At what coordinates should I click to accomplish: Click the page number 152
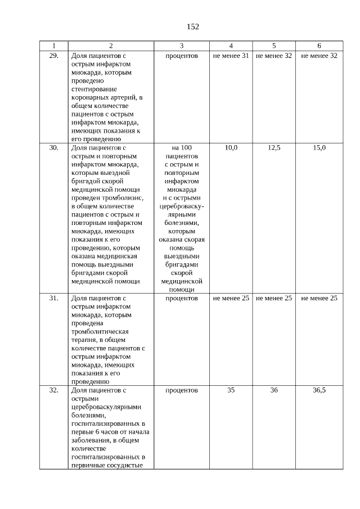192,26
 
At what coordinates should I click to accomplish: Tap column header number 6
319,46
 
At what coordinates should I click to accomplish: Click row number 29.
54,56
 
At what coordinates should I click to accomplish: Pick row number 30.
54,147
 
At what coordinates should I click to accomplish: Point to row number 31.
54,298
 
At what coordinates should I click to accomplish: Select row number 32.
54,389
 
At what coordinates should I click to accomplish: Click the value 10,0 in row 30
231,147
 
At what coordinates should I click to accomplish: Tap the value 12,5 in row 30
274,147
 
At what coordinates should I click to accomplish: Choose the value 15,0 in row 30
319,147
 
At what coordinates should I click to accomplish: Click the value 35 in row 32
231,389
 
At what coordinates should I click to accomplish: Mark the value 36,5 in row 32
319,389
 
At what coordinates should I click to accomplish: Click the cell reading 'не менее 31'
231,56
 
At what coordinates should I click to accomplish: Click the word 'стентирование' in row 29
94,89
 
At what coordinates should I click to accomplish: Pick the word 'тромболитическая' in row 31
97,331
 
